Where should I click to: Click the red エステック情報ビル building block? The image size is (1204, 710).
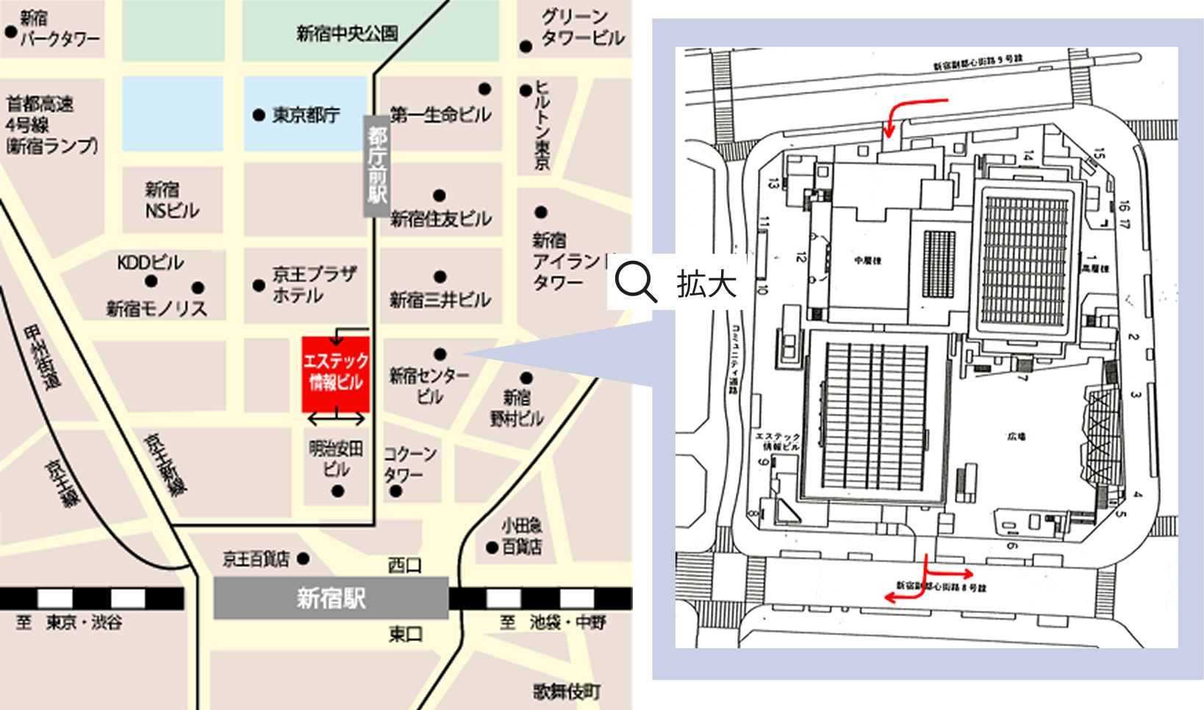335,373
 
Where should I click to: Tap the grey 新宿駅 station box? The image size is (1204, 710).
331,598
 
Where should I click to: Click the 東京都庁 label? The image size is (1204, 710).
306,115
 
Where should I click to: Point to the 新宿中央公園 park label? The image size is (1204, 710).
347,34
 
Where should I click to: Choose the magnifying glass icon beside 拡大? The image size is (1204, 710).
635,282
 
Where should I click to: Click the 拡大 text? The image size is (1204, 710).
706,284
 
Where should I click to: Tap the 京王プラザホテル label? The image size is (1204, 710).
313,284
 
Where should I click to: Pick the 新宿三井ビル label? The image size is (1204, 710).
440,300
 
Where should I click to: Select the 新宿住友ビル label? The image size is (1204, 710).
440,218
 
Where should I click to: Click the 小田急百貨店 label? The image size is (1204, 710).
521,537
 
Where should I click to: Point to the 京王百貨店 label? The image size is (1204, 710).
257,559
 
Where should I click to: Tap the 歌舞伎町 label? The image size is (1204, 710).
567,692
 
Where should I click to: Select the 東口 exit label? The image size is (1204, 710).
405,634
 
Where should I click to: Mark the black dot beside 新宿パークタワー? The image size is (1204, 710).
11,32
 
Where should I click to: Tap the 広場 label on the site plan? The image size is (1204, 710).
1017,437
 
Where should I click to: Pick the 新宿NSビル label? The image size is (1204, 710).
172,200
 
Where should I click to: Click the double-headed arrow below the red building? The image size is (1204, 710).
336,419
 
